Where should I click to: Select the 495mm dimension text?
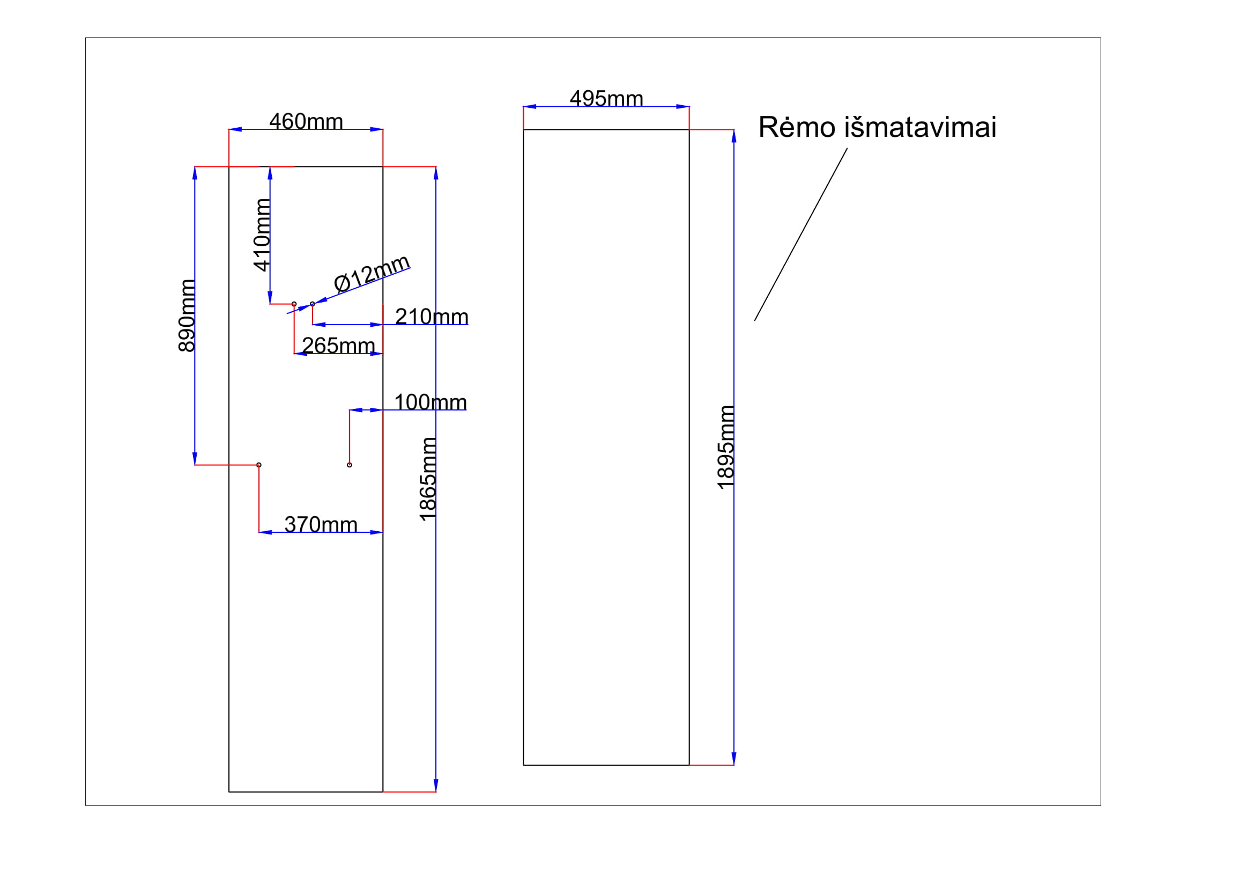(606, 99)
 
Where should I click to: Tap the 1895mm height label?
(725, 447)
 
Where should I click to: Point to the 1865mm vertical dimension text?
(428, 479)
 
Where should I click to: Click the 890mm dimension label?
(186, 316)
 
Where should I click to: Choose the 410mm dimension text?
(262, 234)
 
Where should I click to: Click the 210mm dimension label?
(432, 317)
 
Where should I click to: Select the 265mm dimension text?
(338, 346)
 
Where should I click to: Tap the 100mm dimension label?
(431, 402)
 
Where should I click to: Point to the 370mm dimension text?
(321, 525)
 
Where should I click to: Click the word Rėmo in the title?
(797, 127)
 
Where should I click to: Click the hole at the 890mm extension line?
(259, 465)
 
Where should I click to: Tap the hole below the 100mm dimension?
(350, 465)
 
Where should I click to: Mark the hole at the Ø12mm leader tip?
(313, 304)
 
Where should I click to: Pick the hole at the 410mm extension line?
(294, 304)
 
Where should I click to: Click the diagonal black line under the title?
(800, 234)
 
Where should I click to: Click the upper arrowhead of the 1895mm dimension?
(734, 136)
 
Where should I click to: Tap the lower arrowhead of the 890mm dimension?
(195, 459)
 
